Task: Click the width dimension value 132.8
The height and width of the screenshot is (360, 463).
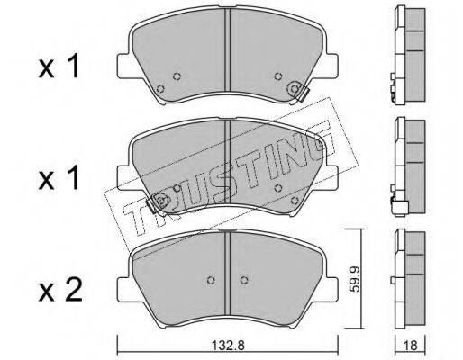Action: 229,346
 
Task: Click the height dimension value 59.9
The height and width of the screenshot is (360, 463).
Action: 356,278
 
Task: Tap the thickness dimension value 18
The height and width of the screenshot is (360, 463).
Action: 411,346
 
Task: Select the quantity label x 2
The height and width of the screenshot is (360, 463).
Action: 60,290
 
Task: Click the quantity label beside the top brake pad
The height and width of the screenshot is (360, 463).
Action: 59,67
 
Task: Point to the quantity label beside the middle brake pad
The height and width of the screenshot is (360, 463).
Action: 59,178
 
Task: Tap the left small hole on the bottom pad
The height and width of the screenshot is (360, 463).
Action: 212,280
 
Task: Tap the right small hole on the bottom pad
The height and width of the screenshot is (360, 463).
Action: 244,280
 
